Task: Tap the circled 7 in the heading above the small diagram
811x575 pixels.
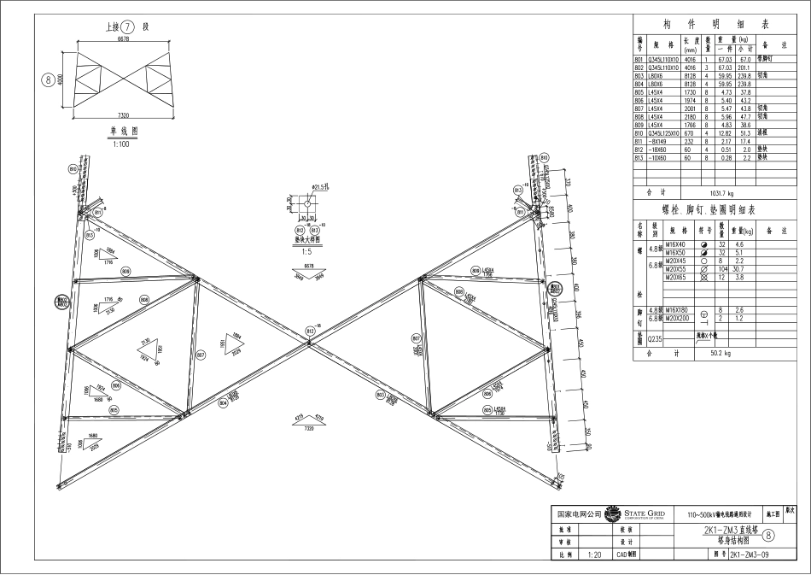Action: (x=129, y=26)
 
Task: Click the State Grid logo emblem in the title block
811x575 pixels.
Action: (x=612, y=513)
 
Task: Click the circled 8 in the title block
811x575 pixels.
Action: (x=768, y=536)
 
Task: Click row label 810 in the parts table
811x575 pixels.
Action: (x=639, y=133)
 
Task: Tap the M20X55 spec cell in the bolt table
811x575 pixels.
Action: (x=677, y=269)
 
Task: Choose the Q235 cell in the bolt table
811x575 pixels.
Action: (x=655, y=339)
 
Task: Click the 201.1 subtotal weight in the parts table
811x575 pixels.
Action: (x=744, y=67)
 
